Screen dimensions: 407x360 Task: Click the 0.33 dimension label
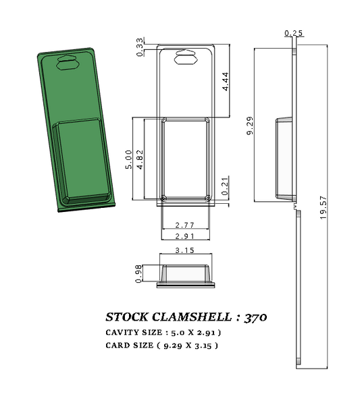140,47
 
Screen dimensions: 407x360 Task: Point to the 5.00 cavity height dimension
129,159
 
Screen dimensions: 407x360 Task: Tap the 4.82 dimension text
140,159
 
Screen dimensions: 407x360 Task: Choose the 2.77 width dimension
185,224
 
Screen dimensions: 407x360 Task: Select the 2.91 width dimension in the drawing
185,237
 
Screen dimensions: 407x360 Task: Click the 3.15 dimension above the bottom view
185,250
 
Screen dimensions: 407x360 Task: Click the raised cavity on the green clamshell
82,159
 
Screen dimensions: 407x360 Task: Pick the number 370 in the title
260,317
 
